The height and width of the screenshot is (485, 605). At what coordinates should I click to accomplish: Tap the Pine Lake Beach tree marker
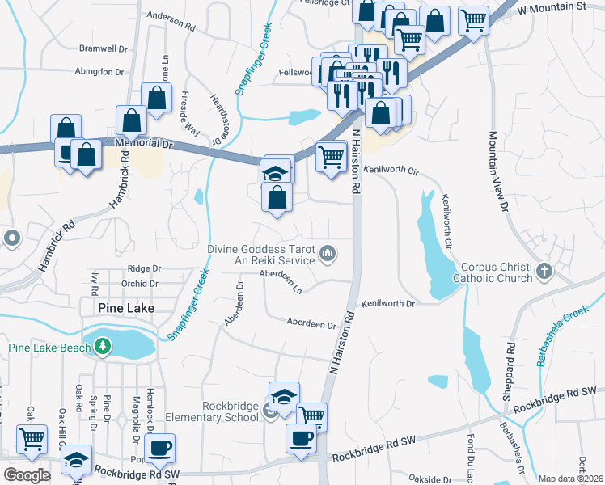[x=103, y=348]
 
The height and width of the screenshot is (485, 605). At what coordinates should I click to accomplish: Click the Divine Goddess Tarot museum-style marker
[x=328, y=254]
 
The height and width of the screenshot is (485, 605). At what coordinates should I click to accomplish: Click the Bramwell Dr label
[x=104, y=49]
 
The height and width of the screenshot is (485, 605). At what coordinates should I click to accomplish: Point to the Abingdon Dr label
[x=99, y=71]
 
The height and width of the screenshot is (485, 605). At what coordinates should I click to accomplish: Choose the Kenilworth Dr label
[x=388, y=303]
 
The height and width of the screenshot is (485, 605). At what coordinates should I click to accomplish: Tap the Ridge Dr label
[x=144, y=268]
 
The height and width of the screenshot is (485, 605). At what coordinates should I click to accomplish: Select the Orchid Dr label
[x=141, y=284]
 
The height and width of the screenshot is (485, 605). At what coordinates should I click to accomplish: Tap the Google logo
[x=27, y=475]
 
